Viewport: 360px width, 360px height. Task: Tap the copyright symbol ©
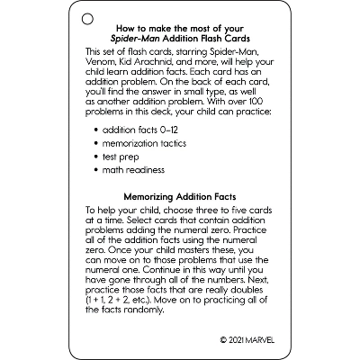tap(222, 341)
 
